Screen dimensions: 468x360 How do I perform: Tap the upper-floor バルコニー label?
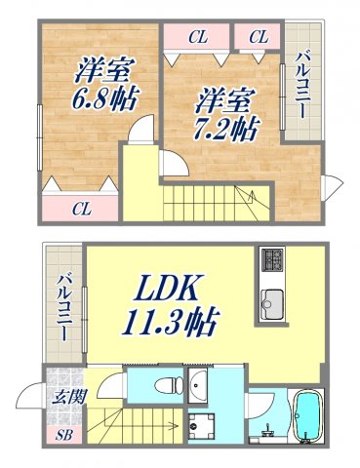point(301,97)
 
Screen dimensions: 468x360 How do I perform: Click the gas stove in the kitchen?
point(270,261)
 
